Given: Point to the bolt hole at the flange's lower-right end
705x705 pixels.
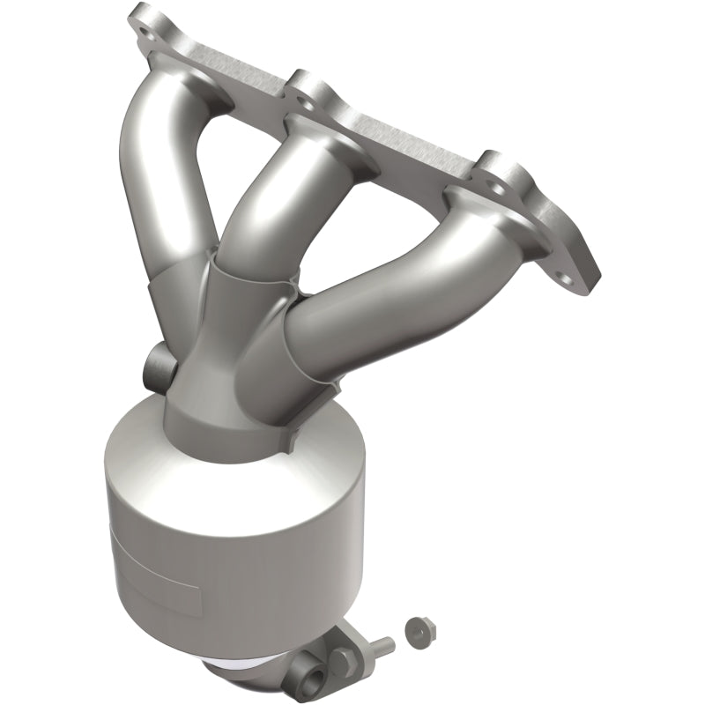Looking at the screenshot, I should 581,275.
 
